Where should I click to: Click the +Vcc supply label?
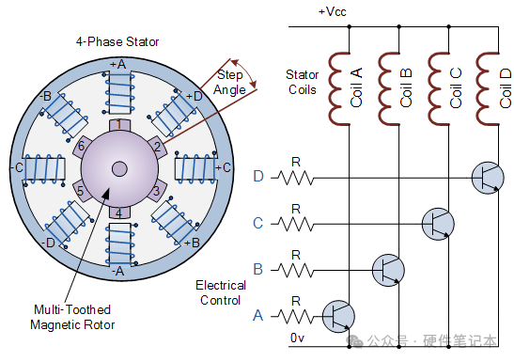pos(333,12)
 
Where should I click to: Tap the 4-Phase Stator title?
pos(117,42)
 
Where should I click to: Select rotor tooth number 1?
pos(119,125)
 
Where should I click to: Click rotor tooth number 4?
pos(119,212)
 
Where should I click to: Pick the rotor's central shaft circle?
pos(119,169)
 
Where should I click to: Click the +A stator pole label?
pos(117,64)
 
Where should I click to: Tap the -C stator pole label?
pos(17,167)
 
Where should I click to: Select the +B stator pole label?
pos(192,243)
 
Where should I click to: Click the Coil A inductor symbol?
pos(339,88)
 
